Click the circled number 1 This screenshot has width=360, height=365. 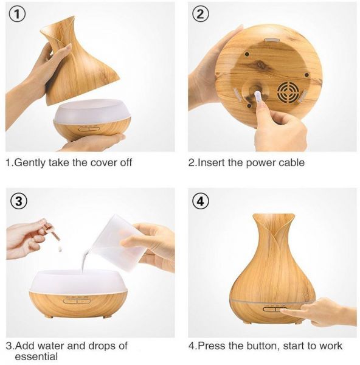pyautogui.click(x=17, y=14)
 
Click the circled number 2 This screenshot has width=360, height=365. pyautogui.click(x=200, y=14)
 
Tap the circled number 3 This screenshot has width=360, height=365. pyautogui.click(x=19, y=201)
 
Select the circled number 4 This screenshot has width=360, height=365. pyautogui.click(x=200, y=201)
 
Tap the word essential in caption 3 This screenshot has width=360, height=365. pyautogui.click(x=36, y=356)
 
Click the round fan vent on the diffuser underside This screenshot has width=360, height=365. pyautogui.click(x=289, y=92)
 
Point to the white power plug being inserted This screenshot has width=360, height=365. pyautogui.click(x=257, y=96)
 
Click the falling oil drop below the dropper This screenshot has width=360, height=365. pyautogui.click(x=60, y=249)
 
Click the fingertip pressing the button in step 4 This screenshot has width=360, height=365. pyautogui.click(x=282, y=310)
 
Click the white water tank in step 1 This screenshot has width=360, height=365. pyautogui.click(x=92, y=111)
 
